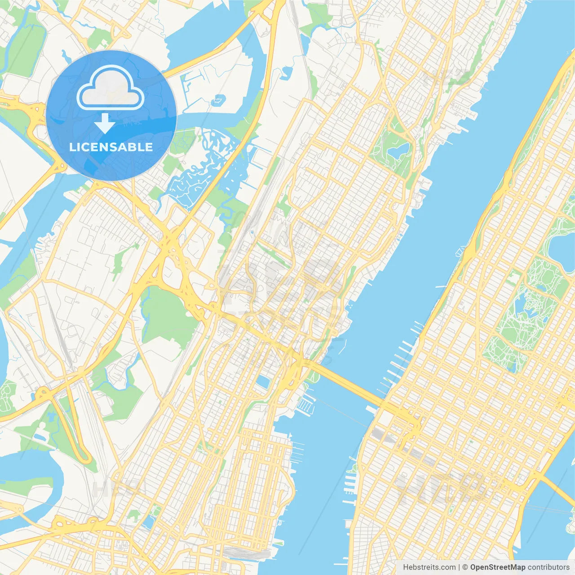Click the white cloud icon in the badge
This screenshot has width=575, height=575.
click(111, 88)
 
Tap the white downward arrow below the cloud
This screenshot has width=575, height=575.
click(105, 124)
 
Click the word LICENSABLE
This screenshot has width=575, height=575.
click(111, 147)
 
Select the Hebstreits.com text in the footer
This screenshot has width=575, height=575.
click(429, 567)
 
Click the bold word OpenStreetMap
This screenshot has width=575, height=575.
click(497, 567)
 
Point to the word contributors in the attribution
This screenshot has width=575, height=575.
click(548, 567)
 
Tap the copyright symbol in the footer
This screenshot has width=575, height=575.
click(465, 567)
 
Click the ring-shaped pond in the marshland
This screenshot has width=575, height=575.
click(219, 100)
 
